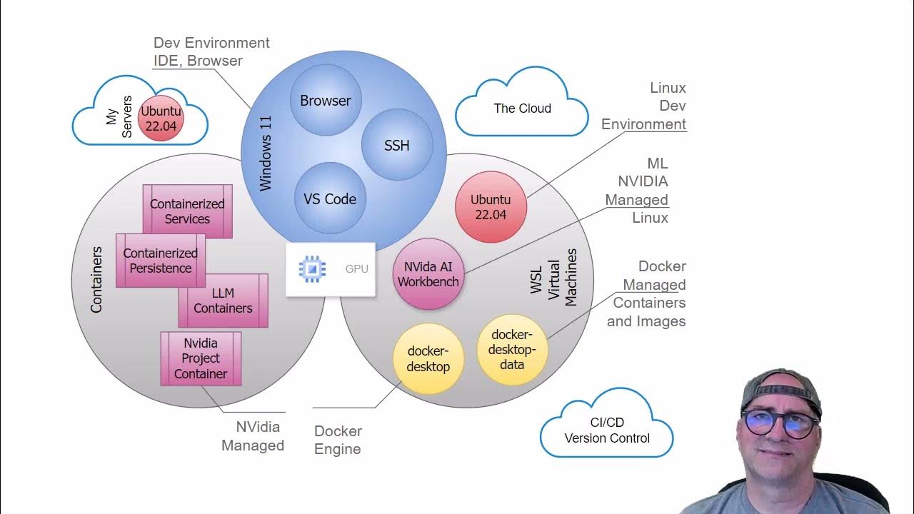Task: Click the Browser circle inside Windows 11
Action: point(326,101)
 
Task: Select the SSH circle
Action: point(397,146)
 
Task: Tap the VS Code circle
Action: point(330,199)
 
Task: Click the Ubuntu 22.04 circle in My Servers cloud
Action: point(161,119)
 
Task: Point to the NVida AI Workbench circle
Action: point(428,274)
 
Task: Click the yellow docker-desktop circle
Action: point(428,359)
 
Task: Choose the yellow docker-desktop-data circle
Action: point(512,350)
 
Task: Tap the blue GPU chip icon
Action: point(311,268)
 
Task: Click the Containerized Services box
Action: point(187,211)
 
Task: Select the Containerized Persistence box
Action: point(160,261)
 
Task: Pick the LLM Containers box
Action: point(223,301)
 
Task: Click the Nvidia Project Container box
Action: point(201,358)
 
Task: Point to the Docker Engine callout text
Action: point(338,440)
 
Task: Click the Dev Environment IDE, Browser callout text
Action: point(211,51)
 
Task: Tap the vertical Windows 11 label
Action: point(266,156)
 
